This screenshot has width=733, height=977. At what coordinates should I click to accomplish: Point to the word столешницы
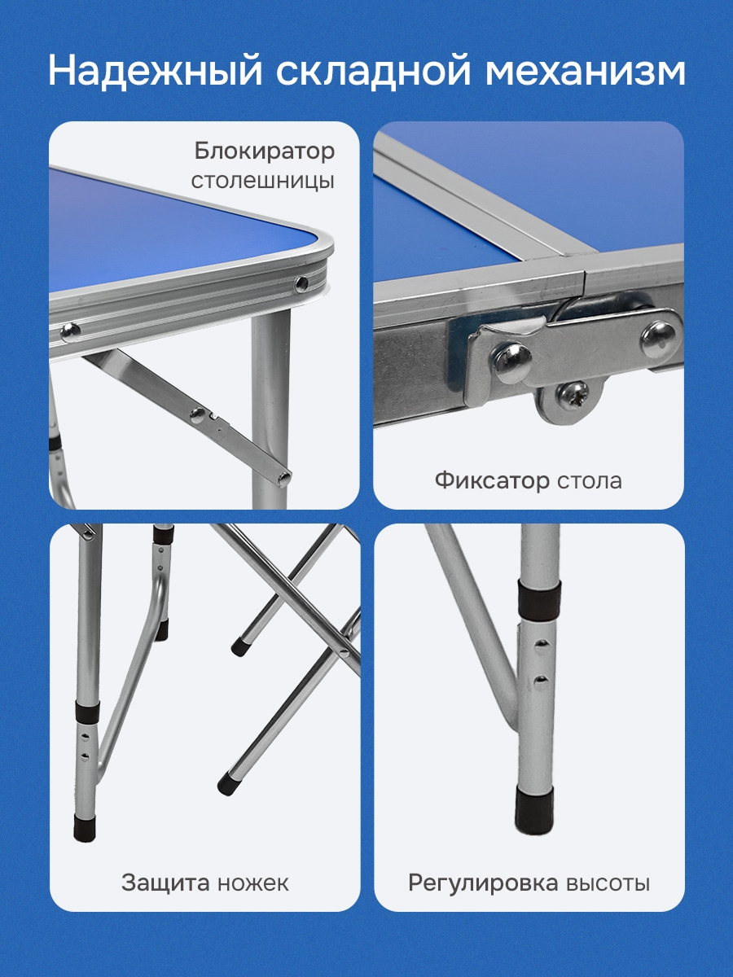262,182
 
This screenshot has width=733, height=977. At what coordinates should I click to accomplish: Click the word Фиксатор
492,481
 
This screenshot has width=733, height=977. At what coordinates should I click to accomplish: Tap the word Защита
165,883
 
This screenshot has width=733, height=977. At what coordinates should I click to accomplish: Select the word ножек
252,883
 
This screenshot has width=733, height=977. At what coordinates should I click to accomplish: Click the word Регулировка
483,883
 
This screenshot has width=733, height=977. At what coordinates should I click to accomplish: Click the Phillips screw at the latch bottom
573,394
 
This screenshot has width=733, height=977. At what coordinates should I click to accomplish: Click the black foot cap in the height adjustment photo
534,812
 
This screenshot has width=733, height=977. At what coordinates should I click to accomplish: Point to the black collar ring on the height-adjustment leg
538,598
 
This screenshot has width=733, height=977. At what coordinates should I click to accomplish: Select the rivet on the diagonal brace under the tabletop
196,415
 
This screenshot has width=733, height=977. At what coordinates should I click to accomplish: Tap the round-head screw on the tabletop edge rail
70,331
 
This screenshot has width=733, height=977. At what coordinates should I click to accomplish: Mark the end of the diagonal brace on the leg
283,478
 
